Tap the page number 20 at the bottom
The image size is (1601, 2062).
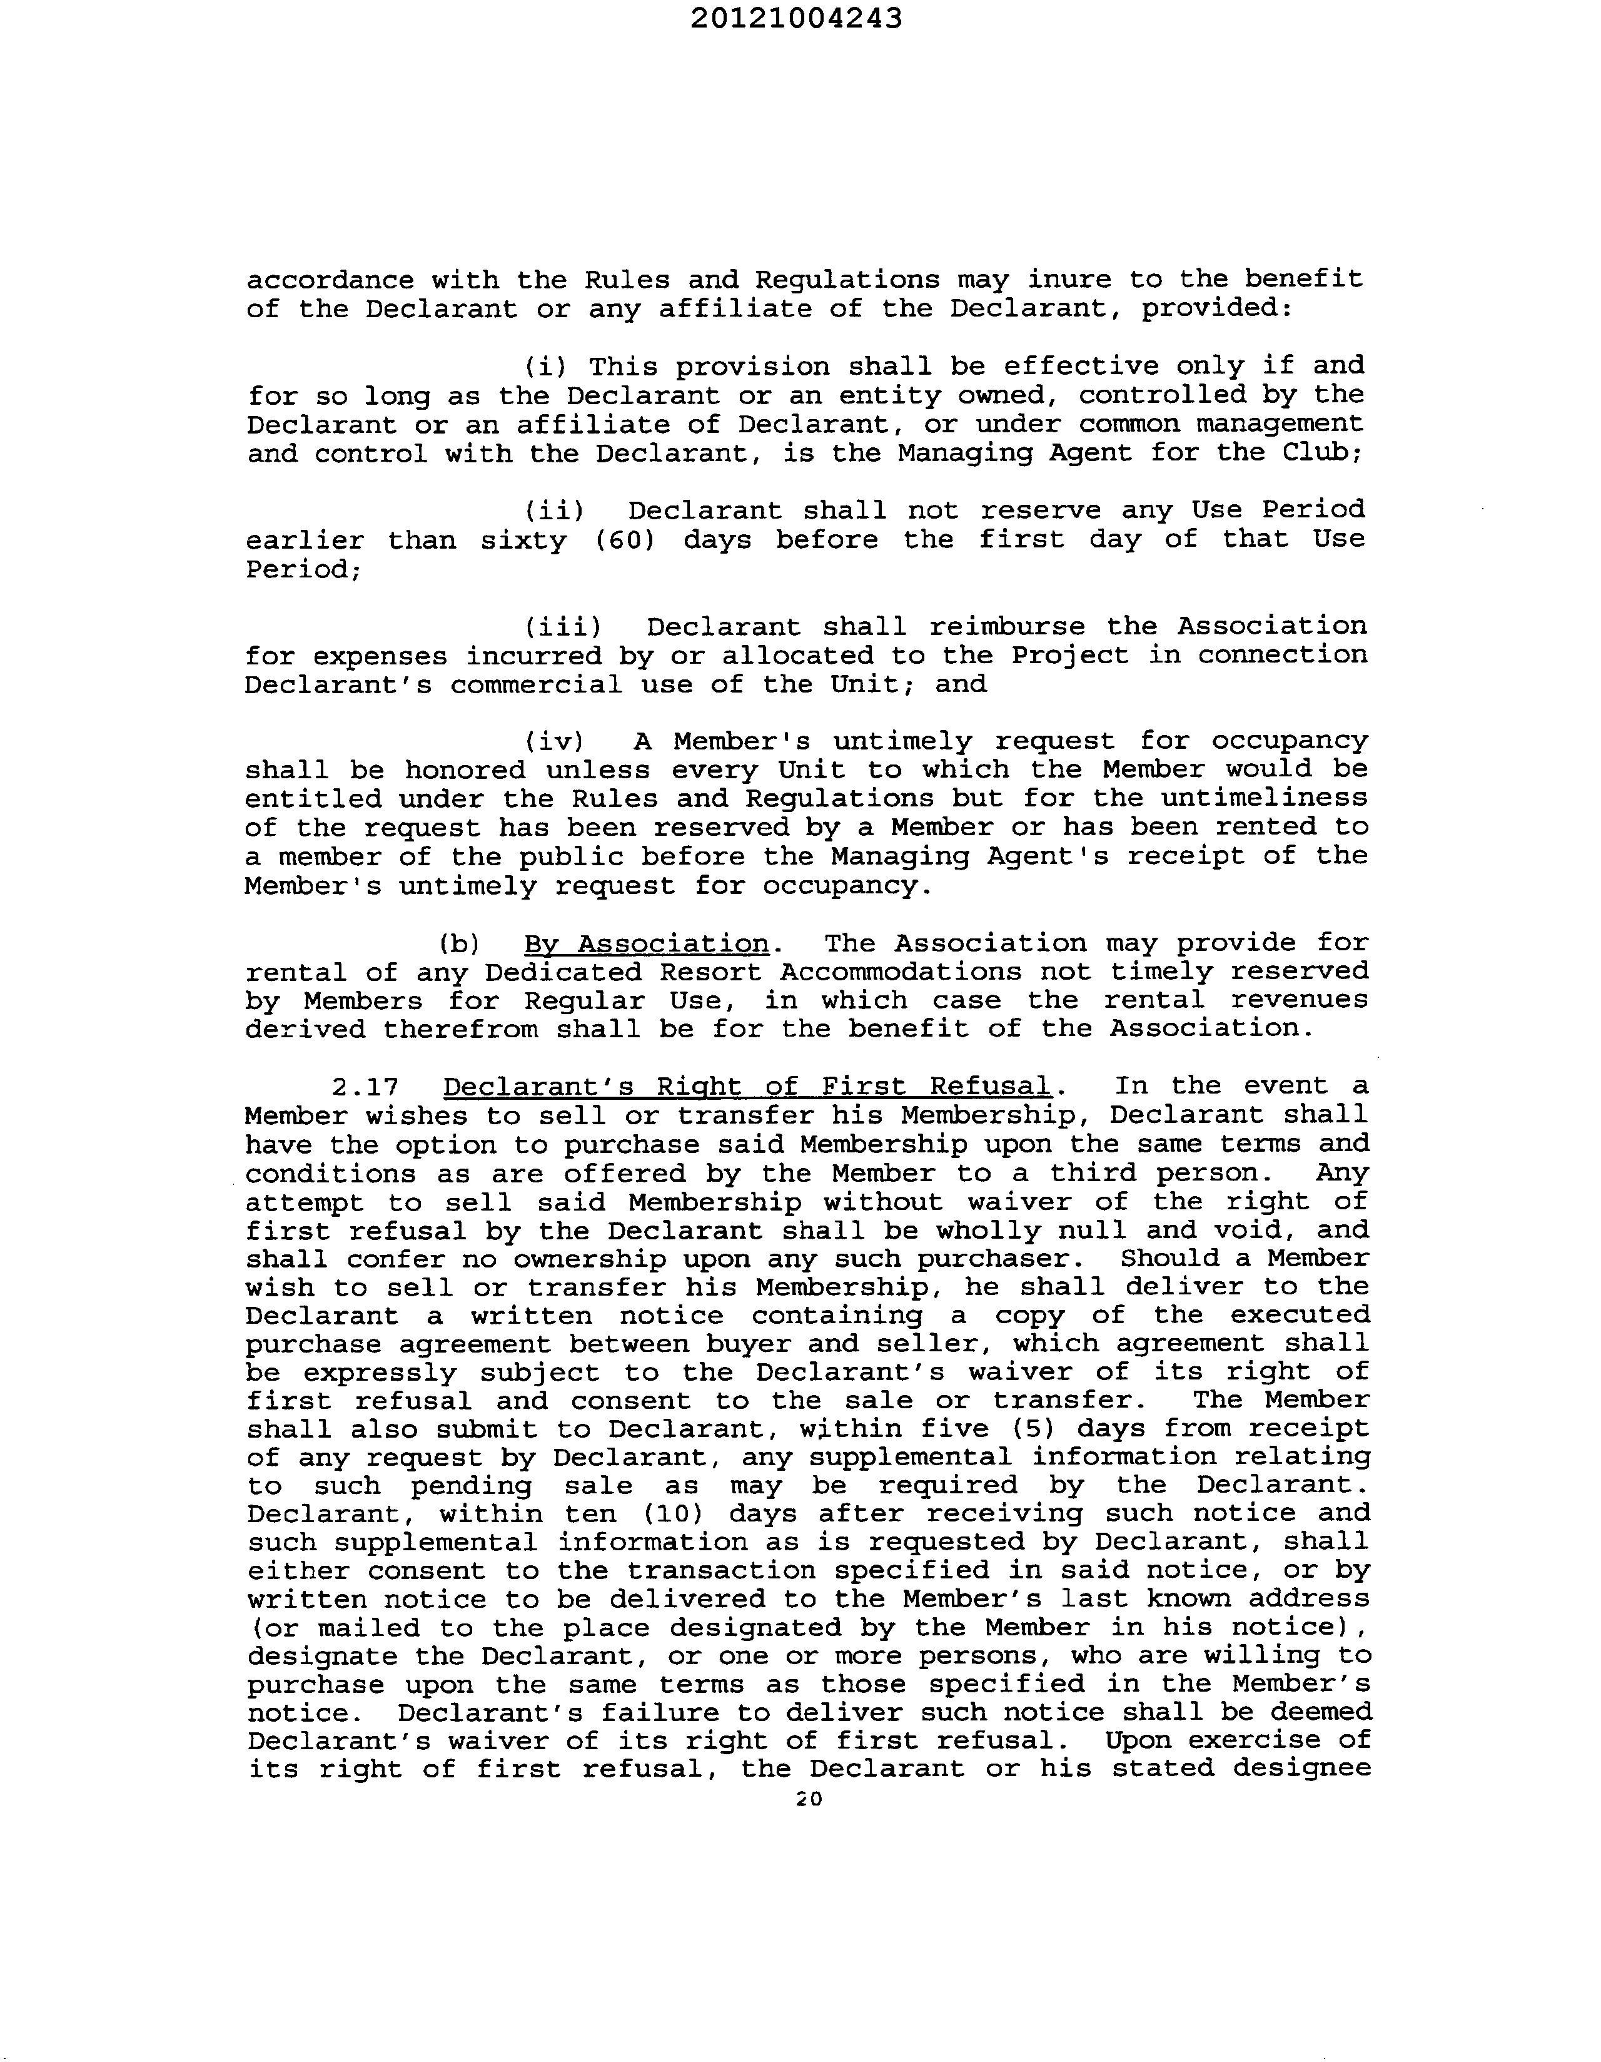click(x=809, y=1799)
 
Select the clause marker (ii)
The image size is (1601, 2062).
click(x=554, y=510)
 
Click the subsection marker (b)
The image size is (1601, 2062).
click(x=460, y=943)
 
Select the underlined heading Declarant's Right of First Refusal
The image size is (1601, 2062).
click(x=747, y=1087)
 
